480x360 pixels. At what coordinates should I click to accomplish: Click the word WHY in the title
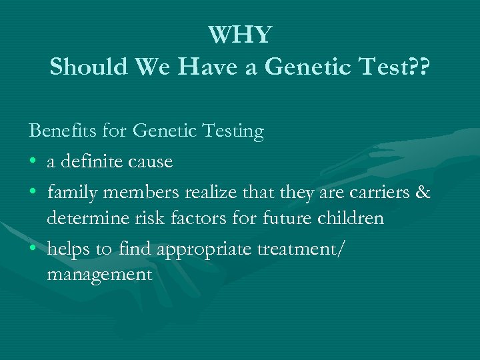[x=240, y=35]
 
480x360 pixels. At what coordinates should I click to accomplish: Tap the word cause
[x=153, y=161]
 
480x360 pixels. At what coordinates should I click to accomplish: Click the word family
[x=71, y=193]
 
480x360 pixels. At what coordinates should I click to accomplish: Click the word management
[x=99, y=274]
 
